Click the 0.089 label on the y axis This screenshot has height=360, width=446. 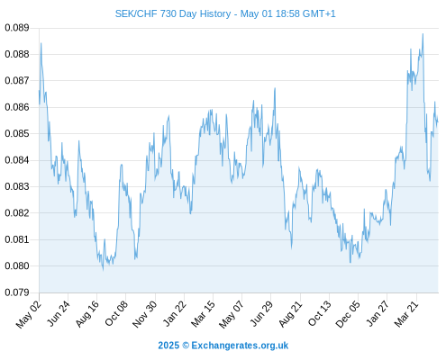(x=17, y=28)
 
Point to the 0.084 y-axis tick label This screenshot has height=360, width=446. (x=17, y=160)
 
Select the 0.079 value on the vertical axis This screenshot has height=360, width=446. (x=17, y=292)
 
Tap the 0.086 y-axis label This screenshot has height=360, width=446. (x=17, y=107)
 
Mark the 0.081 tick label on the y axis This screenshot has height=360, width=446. (x=17, y=239)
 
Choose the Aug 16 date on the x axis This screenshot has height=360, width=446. (x=87, y=314)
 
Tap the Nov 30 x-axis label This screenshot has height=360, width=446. (x=145, y=314)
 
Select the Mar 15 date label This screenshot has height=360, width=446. (x=204, y=314)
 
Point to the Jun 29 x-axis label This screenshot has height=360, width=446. (x=261, y=314)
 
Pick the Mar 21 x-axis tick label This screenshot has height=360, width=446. (x=406, y=314)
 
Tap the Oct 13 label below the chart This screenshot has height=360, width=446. (x=320, y=314)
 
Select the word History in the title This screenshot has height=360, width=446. (x=215, y=13)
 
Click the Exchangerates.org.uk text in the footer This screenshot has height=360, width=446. (x=240, y=346)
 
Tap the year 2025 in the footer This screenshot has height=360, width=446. (x=168, y=346)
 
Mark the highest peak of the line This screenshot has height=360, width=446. (x=423, y=34)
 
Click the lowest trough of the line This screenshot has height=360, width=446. (x=103, y=270)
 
